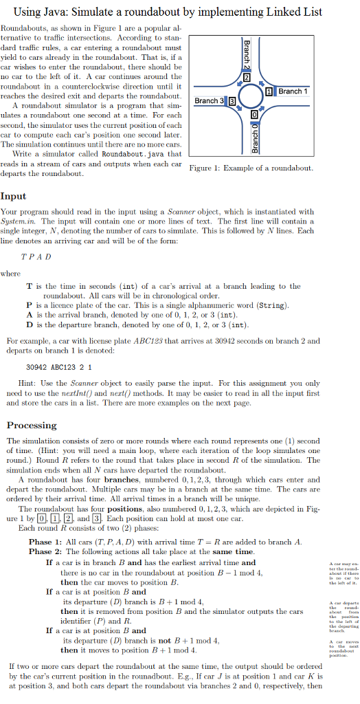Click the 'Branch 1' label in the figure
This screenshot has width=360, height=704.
pos(293,91)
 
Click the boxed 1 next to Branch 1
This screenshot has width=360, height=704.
pos(270,92)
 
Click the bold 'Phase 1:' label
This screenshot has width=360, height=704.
pos(45,542)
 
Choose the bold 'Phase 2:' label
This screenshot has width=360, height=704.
pos(45,551)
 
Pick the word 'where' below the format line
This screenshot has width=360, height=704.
pos(10,272)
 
